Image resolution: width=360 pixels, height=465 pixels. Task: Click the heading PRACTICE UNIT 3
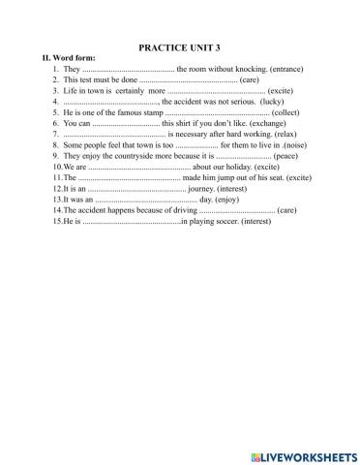pos(180,46)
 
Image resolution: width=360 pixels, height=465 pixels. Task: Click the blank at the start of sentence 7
pos(111,135)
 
